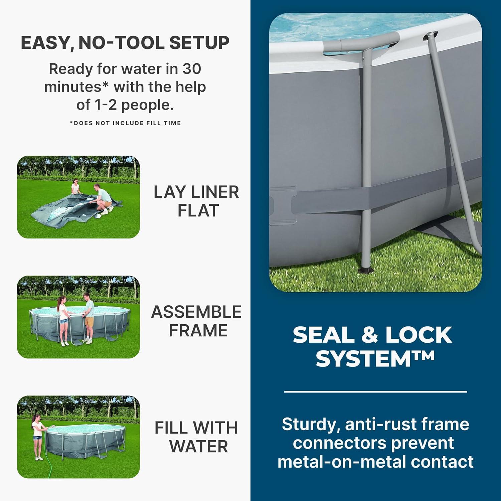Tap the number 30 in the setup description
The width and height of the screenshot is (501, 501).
tap(191, 69)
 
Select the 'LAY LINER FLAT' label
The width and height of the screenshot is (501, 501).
tap(196, 201)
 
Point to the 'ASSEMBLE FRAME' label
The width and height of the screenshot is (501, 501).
tap(196, 321)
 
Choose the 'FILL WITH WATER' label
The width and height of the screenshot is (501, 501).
tap(196, 437)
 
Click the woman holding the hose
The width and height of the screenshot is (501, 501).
tap(37, 436)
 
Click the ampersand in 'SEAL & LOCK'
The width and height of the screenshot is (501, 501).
tap(369, 335)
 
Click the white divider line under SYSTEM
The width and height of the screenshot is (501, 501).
tap(375, 391)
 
